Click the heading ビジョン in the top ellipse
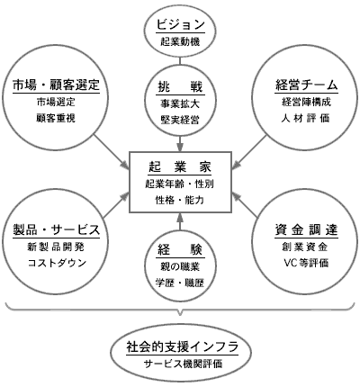point(180,24)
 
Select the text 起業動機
point(180,41)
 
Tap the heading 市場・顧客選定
point(56,85)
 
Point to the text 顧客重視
point(56,118)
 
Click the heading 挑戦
point(180,87)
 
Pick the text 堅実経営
point(180,120)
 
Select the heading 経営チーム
point(306,85)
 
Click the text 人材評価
point(306,118)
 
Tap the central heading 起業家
point(180,166)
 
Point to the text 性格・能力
point(180,200)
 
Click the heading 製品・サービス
point(56,229)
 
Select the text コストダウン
point(57,263)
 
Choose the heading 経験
point(180,250)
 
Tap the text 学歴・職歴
point(180,283)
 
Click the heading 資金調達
point(306,229)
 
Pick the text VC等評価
point(306,263)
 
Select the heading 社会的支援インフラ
point(182,347)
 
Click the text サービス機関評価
point(183,364)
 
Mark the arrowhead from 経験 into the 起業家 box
point(180,217)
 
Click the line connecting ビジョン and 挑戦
point(180,60)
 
